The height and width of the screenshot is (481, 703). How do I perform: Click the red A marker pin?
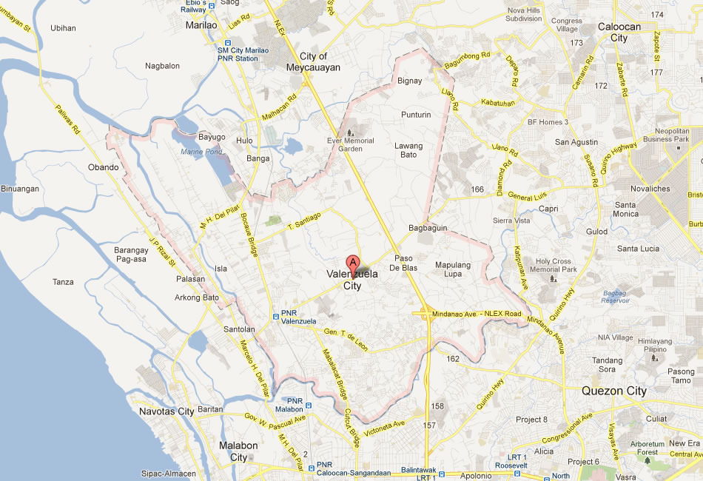[353, 263]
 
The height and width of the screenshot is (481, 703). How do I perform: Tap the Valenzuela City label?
[352, 280]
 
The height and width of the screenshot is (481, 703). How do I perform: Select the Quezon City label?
[613, 391]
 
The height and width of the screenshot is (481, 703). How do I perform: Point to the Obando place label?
[103, 167]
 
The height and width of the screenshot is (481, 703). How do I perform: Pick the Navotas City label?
[166, 411]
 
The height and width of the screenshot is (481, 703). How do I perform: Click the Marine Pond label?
[201, 152]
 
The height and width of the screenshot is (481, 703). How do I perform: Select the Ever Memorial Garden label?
[350, 145]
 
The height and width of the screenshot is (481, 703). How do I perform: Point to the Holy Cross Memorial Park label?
[555, 265]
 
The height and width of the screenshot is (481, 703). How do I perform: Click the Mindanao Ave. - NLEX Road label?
[477, 314]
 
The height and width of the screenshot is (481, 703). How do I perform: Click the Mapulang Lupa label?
[453, 269]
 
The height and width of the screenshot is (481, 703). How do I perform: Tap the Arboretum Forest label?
[647, 447]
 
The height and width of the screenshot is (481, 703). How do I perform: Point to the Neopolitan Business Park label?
[666, 134]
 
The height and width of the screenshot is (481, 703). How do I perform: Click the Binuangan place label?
[20, 189]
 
